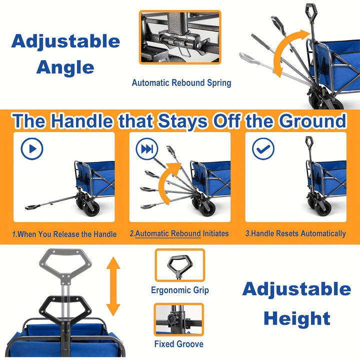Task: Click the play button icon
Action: click(x=32, y=148)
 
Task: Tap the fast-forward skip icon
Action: click(x=147, y=148)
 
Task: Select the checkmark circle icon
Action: click(x=263, y=148)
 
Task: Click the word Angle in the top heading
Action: click(x=65, y=68)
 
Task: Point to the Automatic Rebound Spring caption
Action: click(x=181, y=83)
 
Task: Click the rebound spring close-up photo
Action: click(x=180, y=37)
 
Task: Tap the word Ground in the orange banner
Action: click(x=312, y=121)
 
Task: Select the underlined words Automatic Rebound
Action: click(x=168, y=233)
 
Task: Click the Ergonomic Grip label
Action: click(x=180, y=290)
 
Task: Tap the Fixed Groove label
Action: click(x=179, y=344)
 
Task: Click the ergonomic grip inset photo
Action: click(x=180, y=265)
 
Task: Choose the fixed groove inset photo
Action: click(x=179, y=319)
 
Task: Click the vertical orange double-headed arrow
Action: click(x=113, y=286)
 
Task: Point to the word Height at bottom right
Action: click(x=297, y=318)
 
